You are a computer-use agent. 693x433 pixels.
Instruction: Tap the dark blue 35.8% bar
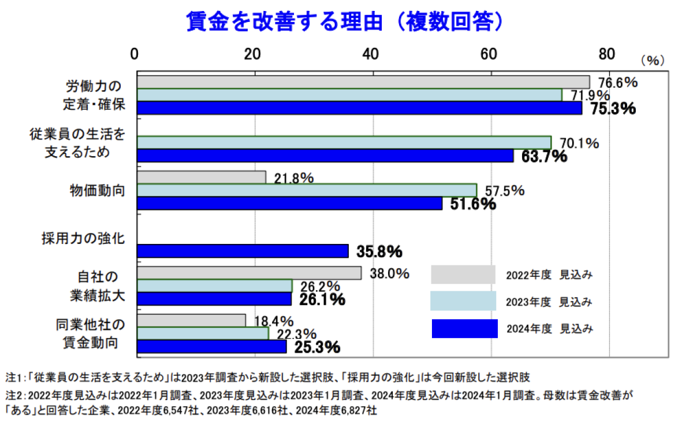[x=243, y=251]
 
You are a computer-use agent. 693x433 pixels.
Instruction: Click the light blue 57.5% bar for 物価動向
[x=307, y=190]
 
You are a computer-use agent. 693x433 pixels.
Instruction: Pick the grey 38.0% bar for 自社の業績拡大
[x=249, y=273]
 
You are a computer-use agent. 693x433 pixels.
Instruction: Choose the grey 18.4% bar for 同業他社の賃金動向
[x=191, y=320]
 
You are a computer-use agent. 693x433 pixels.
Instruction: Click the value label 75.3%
[x=613, y=109]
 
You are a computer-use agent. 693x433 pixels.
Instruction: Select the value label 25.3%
[x=317, y=347]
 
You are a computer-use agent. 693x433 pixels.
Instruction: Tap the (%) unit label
[x=653, y=60]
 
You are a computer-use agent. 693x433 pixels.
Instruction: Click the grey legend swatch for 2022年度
[x=463, y=275]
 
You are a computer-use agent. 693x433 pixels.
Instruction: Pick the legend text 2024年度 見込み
[x=549, y=329]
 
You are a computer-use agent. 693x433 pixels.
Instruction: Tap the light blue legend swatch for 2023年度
[x=463, y=301]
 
